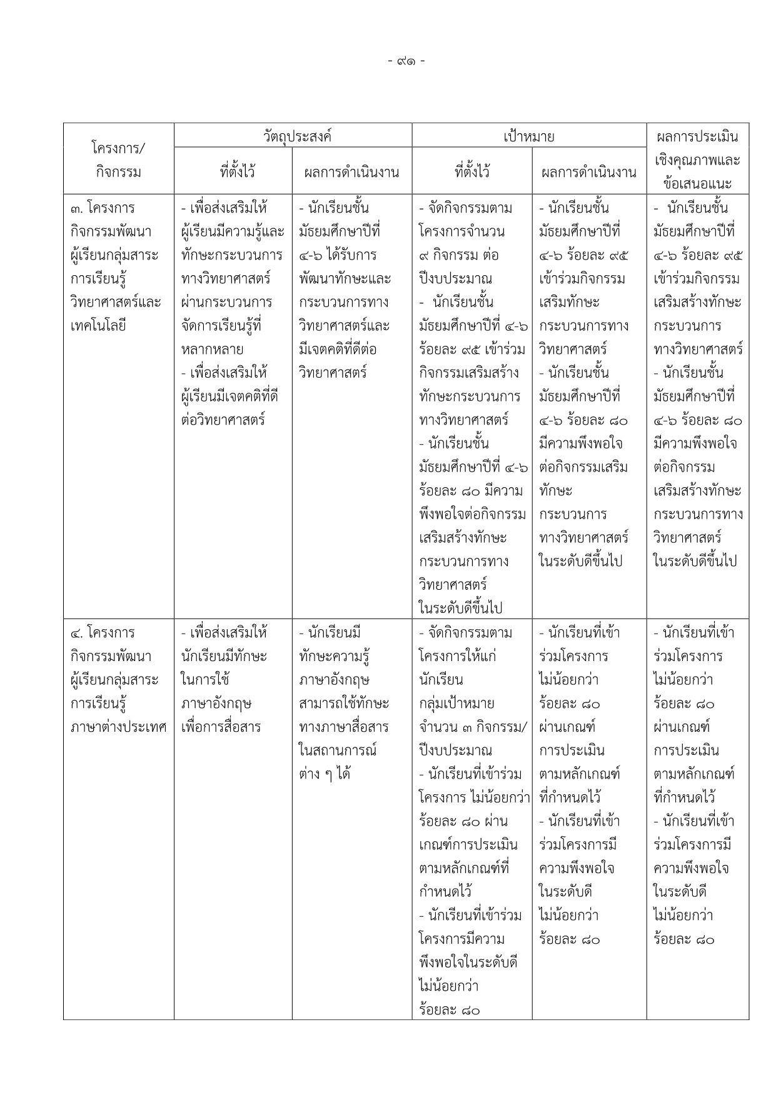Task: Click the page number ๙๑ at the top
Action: click(x=406, y=61)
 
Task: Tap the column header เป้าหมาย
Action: click(x=529, y=136)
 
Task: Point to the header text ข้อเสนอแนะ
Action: click(x=697, y=184)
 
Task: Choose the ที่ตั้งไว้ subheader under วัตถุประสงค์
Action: click(x=233, y=172)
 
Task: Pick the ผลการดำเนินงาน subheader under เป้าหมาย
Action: click(x=589, y=172)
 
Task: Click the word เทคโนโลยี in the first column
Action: click(x=99, y=326)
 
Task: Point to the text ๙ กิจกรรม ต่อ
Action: click(x=459, y=255)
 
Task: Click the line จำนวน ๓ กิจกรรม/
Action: click(x=473, y=727)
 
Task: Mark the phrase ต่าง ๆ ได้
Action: click(x=325, y=774)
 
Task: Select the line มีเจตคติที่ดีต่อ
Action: click(x=338, y=349)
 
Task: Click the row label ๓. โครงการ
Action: click(x=103, y=208)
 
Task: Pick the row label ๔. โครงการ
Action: click(x=103, y=633)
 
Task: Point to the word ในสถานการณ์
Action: click(x=338, y=751)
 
